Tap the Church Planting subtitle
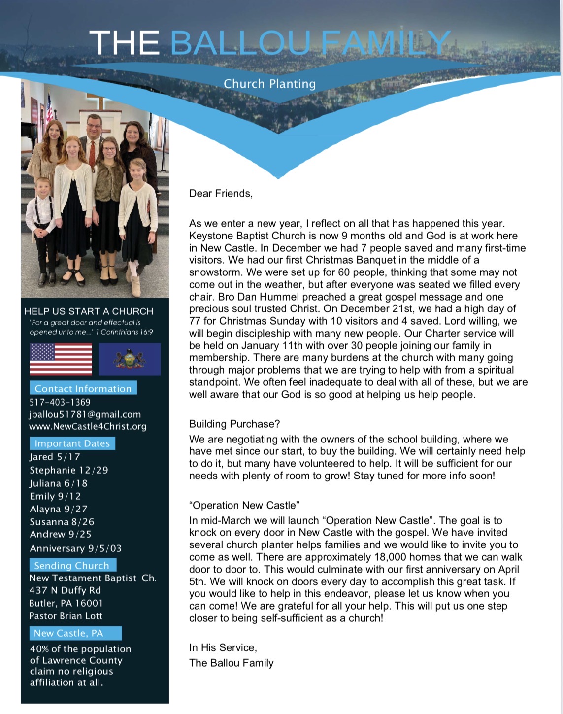click(x=269, y=84)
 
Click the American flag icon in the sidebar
click(x=61, y=359)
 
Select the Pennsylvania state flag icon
click(x=130, y=359)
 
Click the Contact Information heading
click(x=83, y=388)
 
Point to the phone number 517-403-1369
click(x=60, y=402)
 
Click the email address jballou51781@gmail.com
click(x=85, y=414)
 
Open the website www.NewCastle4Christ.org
click(x=88, y=426)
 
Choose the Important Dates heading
click(x=72, y=443)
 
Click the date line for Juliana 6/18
click(x=58, y=483)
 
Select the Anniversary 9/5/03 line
click(x=75, y=548)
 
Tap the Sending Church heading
click(x=71, y=565)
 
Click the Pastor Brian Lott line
click(x=66, y=616)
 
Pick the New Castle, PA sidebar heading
click(x=68, y=633)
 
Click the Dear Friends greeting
click(x=221, y=194)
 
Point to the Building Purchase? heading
click(x=234, y=424)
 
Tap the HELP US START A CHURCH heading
click(x=89, y=311)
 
